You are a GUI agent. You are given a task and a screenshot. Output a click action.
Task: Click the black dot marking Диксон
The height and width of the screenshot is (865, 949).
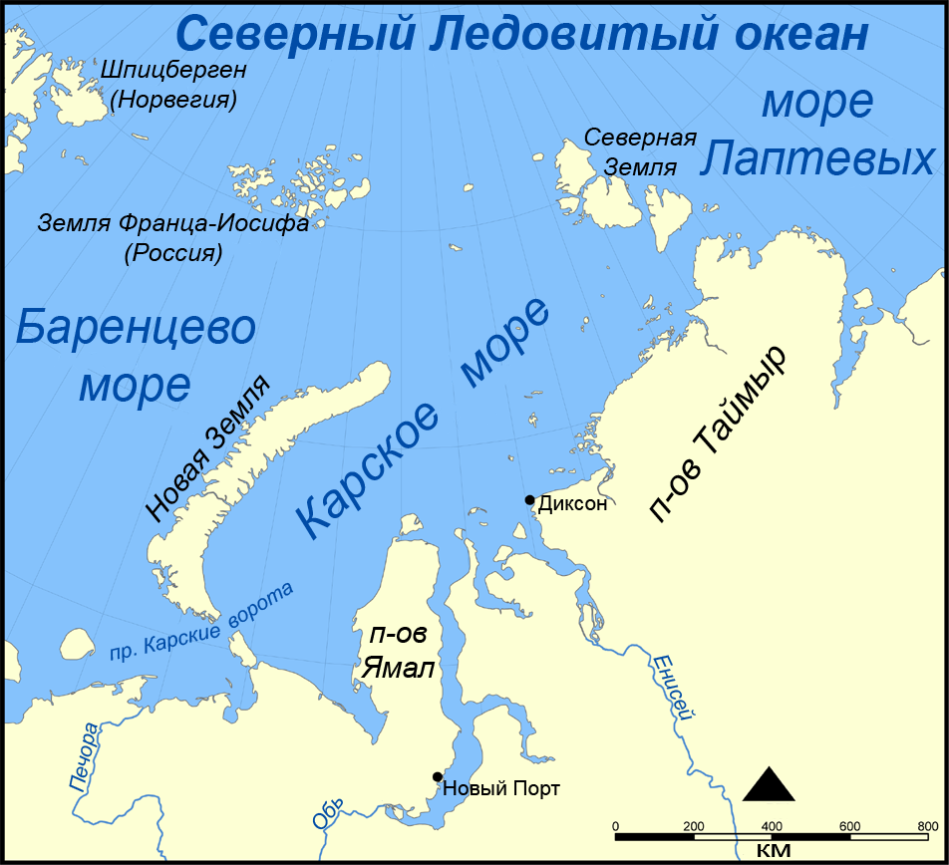[530, 499]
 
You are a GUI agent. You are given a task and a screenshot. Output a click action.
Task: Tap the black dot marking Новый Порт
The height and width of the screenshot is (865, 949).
[437, 776]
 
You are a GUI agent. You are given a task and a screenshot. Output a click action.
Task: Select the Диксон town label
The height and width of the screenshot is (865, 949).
[572, 504]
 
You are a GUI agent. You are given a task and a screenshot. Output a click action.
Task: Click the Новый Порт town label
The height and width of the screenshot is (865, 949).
[501, 788]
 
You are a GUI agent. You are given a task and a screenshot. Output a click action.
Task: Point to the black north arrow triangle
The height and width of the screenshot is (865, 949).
[769, 785]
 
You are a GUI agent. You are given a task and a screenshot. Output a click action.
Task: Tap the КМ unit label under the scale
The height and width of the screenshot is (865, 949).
[773, 850]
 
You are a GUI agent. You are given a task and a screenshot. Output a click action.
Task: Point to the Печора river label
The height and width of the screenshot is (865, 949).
[86, 757]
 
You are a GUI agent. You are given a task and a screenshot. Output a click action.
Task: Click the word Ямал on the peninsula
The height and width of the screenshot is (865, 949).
[397, 669]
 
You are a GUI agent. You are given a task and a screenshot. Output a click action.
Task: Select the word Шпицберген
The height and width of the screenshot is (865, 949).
[173, 71]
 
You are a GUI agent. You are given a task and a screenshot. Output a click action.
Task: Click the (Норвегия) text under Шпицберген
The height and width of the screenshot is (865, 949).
[173, 100]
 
